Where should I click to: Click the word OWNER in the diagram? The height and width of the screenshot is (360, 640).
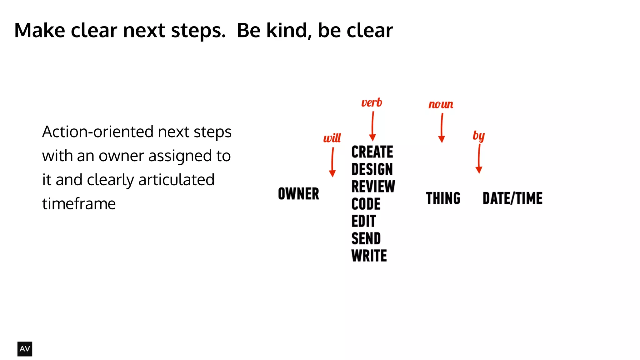click(298, 194)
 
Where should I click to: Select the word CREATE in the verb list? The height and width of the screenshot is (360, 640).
click(372, 152)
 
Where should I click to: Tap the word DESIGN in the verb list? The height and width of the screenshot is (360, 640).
click(372, 169)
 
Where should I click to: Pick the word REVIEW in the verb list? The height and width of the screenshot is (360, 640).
click(373, 187)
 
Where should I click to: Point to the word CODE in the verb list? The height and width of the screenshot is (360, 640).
click(366, 204)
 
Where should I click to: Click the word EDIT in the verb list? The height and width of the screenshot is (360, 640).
click(363, 221)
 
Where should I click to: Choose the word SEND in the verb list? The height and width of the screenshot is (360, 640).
click(366, 239)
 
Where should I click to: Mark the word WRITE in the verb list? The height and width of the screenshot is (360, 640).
click(369, 256)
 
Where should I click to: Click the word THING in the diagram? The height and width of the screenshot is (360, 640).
click(443, 198)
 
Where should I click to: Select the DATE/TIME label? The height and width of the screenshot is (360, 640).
click(512, 198)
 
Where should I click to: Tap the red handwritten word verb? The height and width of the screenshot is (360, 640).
click(372, 103)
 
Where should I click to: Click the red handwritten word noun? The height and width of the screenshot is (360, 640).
click(441, 104)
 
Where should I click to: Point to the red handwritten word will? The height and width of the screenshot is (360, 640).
click(332, 138)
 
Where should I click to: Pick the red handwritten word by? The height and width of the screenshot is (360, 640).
click(478, 136)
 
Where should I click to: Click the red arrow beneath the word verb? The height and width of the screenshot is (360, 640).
click(372, 127)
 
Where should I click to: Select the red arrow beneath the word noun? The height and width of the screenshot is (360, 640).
click(442, 128)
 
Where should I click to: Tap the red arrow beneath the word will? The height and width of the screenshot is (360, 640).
click(332, 162)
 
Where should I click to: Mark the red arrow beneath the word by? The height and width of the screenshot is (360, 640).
click(479, 159)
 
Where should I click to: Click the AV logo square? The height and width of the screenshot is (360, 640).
click(25, 349)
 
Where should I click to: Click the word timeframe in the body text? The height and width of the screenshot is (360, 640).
click(79, 204)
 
